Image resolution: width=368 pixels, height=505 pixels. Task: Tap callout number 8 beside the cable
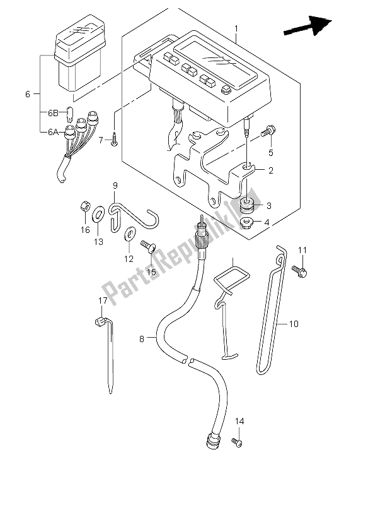tap(142, 339)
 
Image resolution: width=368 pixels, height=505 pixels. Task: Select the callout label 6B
tap(54, 114)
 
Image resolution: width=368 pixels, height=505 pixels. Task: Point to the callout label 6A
tap(54, 132)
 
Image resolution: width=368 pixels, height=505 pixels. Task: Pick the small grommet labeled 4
tap(246, 222)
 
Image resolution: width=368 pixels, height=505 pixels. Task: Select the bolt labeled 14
tap(236, 442)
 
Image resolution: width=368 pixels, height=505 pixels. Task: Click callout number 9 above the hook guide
tap(116, 185)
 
